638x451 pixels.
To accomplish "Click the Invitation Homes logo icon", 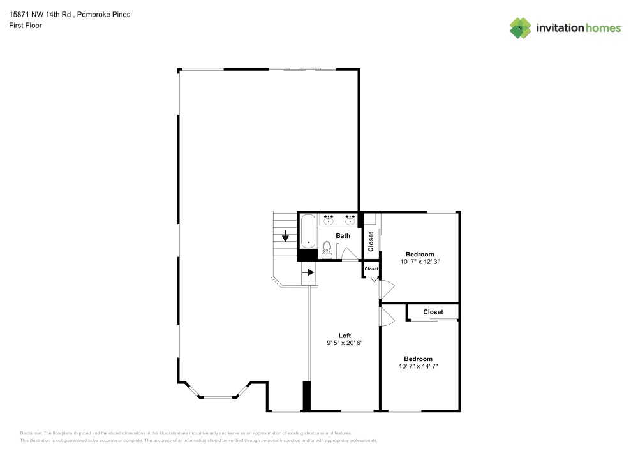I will [x=520, y=27].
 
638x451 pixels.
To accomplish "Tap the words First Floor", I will [x=26, y=26].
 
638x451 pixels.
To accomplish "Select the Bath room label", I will [x=343, y=236].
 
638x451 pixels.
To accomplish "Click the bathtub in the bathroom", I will [x=308, y=231].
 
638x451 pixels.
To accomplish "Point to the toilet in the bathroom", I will [x=327, y=249].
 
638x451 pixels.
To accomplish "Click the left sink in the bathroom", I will [x=329, y=220].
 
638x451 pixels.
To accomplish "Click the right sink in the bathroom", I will [x=350, y=220].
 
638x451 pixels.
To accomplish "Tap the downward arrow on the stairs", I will [x=285, y=236].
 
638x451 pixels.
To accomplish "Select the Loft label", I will [x=345, y=336].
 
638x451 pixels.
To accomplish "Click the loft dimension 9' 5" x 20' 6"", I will [x=345, y=343].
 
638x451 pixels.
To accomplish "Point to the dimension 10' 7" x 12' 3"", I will [x=419, y=262].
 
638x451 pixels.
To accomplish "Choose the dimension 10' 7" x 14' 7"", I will [x=418, y=366].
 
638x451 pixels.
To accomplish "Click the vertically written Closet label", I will [x=371, y=240].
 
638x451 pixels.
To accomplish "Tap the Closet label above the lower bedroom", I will [x=433, y=312].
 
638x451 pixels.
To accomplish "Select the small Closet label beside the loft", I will [x=371, y=269].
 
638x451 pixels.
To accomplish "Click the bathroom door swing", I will [x=349, y=255].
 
